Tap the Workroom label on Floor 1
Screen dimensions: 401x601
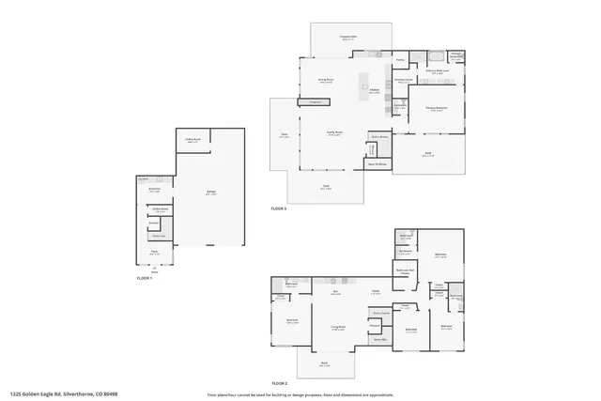click(x=155, y=189)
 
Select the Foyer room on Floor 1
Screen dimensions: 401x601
click(x=155, y=252)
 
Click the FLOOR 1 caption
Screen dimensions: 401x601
click(x=144, y=278)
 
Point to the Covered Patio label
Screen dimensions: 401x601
click(x=347, y=38)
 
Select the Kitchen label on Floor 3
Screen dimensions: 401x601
click(x=374, y=91)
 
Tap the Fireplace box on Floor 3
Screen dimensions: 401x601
click(x=316, y=101)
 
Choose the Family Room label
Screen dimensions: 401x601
click(x=332, y=133)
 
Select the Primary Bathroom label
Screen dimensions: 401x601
click(x=438, y=70)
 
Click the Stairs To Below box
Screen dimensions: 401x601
click(x=378, y=164)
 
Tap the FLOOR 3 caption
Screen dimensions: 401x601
click(x=279, y=208)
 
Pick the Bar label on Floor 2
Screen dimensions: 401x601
click(x=335, y=292)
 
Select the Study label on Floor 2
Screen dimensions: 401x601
click(x=375, y=291)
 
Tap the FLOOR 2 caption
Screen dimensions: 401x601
click(x=279, y=383)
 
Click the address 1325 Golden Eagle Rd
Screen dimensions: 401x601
click(x=57, y=395)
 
